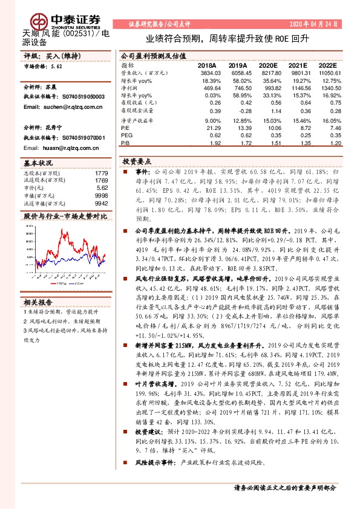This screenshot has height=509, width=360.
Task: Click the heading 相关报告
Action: pos(39,302)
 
